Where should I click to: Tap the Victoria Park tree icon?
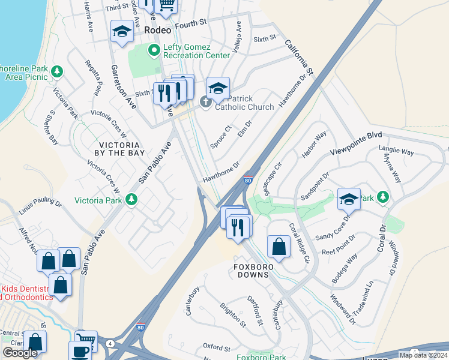[x=131, y=200]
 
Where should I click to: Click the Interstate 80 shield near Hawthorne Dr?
[x=248, y=179]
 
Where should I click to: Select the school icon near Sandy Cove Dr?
[x=348, y=199]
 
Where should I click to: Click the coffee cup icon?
[x=80, y=351]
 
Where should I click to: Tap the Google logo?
[x=20, y=353]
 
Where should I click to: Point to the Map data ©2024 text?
[x=423, y=355]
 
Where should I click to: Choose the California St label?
[x=299, y=58]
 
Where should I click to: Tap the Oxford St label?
[x=216, y=347]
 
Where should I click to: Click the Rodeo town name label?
[x=157, y=29]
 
